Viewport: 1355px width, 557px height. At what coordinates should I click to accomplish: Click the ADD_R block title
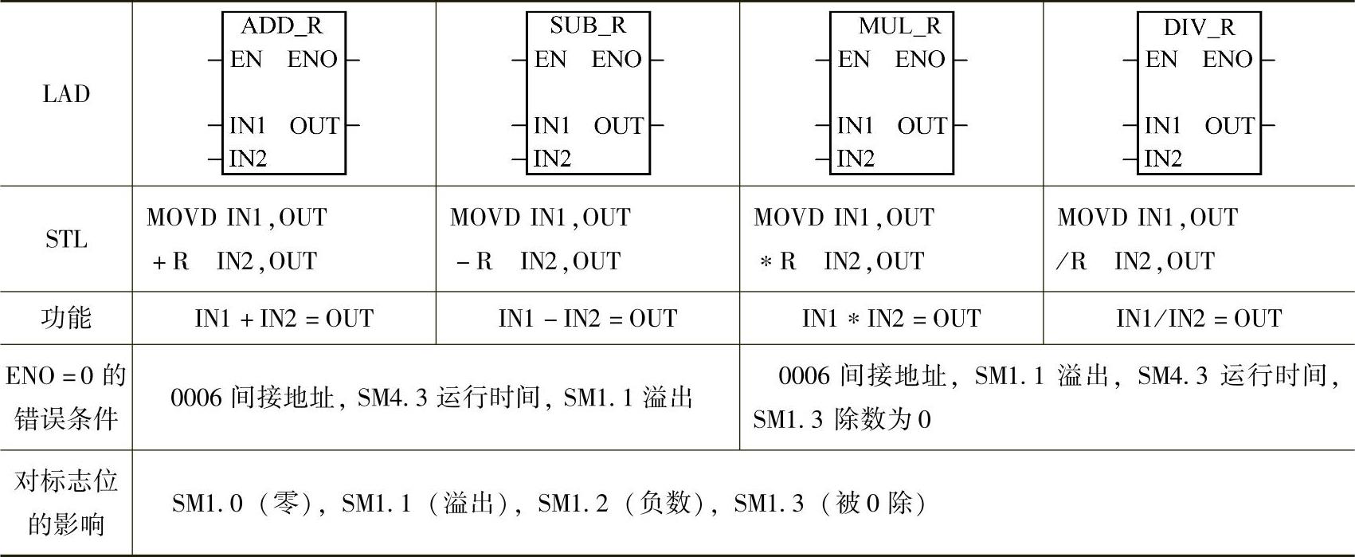(x=282, y=25)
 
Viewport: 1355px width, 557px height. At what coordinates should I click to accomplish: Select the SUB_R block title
(x=588, y=25)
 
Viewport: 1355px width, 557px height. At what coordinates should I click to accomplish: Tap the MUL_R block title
(x=899, y=26)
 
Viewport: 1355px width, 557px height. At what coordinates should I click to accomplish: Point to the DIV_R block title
(x=1199, y=27)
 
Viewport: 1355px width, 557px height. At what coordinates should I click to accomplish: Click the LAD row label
(x=66, y=94)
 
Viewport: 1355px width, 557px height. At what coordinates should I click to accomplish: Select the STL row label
(x=66, y=239)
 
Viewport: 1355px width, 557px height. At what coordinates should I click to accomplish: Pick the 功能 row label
(x=66, y=318)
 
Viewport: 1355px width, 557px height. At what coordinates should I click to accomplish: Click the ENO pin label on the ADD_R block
(x=312, y=59)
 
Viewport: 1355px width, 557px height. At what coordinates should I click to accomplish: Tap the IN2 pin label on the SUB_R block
(x=552, y=159)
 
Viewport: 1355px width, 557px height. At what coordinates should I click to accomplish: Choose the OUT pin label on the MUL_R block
(x=922, y=126)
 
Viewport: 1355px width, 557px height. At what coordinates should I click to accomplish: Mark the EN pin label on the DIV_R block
(x=1161, y=59)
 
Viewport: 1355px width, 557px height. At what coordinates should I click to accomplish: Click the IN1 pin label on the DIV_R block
(x=1162, y=126)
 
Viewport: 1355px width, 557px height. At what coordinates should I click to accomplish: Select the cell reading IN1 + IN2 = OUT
(x=284, y=319)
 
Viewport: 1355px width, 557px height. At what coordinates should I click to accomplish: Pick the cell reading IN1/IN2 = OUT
(x=1199, y=319)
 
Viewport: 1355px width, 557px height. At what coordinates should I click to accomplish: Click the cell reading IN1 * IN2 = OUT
(x=891, y=319)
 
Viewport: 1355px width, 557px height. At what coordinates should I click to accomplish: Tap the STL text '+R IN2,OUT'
(x=234, y=261)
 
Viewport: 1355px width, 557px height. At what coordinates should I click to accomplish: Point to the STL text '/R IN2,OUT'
(x=1135, y=261)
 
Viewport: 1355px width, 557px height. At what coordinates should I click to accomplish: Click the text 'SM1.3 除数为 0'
(x=841, y=420)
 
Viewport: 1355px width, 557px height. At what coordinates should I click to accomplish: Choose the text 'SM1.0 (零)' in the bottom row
(x=241, y=504)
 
